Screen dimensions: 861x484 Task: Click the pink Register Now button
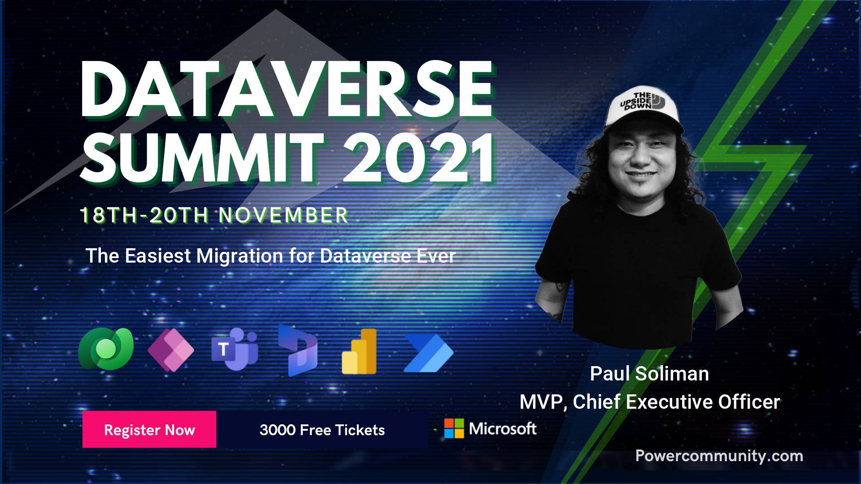pos(149,429)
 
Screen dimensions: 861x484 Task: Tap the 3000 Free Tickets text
pos(322,430)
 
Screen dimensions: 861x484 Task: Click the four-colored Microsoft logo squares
pos(454,428)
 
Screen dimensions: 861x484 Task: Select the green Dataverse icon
pos(106,349)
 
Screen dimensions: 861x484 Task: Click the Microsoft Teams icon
pos(235,349)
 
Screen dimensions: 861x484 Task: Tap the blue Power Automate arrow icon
pos(429,353)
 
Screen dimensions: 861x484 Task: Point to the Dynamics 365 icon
pos(298,350)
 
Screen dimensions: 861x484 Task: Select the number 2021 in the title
pos(419,158)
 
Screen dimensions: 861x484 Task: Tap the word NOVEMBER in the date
pos(283,216)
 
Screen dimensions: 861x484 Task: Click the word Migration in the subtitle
pos(239,256)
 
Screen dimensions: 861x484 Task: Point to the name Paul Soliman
pos(649,374)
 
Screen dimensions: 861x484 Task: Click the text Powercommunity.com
pos(719,456)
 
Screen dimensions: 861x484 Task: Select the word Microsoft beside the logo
pos(503,429)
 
